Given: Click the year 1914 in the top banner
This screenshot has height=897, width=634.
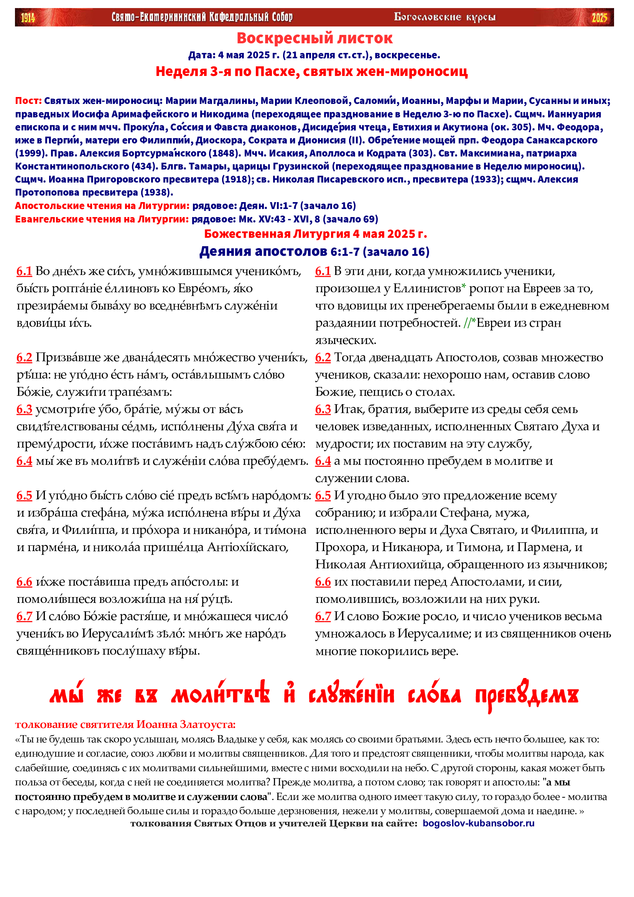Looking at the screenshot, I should [x=28, y=18].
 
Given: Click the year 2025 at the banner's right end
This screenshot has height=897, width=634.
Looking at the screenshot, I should [x=599, y=18].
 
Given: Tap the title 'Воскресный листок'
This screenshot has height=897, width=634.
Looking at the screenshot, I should [x=315, y=38].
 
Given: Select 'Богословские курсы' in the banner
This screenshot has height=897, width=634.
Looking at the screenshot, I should [x=445, y=17].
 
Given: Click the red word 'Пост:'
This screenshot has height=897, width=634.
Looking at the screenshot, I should [x=28, y=101].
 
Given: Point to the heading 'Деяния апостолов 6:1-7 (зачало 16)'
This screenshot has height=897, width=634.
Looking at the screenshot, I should [x=315, y=252].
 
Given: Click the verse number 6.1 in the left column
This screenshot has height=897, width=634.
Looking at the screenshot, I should [x=24, y=271].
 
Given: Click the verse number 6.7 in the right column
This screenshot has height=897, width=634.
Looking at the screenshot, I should [x=323, y=617].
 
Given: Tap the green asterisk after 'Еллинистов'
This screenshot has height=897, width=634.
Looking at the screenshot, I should [x=464, y=287].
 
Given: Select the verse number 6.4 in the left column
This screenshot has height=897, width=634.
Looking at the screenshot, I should [x=24, y=461].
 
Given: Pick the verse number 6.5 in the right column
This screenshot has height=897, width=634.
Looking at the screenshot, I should [x=323, y=496].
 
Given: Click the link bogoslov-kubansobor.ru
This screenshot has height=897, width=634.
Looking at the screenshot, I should [x=479, y=823].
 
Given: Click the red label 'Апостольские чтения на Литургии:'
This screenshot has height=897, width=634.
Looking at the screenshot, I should [x=102, y=206].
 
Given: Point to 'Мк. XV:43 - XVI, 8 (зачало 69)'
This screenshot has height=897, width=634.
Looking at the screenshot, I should [x=309, y=219].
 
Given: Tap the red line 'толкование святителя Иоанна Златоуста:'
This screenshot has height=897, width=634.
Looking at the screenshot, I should [x=125, y=725].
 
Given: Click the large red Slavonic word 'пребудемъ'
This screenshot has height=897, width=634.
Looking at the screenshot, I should [x=526, y=696].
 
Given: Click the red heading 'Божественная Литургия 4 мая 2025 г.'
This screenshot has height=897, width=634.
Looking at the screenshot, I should [x=315, y=234].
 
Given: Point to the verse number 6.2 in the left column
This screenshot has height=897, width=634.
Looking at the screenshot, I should [x=24, y=357].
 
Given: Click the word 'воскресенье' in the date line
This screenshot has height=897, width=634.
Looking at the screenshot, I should [x=406, y=55].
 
